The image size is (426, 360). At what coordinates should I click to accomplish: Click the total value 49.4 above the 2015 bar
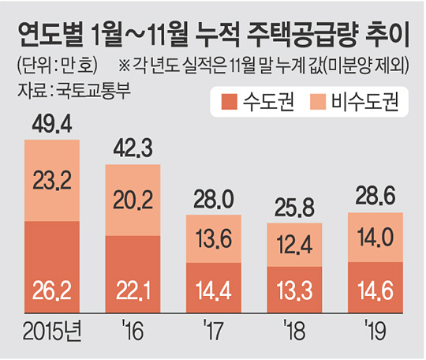[x=52, y=125]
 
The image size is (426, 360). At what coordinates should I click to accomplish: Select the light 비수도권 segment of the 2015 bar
[x=52, y=180]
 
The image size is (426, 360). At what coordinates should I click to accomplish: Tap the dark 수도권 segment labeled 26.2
[x=52, y=267]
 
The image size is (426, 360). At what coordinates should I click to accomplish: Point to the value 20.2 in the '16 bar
[x=133, y=201]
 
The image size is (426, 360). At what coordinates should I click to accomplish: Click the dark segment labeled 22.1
[x=133, y=274]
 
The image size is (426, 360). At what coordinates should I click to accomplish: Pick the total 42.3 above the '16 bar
[x=133, y=148]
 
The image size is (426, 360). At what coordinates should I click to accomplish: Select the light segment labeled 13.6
[x=214, y=238]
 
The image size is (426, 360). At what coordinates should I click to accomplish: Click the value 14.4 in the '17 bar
[x=214, y=291]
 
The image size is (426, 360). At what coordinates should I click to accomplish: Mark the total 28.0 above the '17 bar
[x=214, y=199]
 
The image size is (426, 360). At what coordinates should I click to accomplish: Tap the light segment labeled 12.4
[x=294, y=245]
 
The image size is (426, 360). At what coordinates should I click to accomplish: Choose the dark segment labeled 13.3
[x=294, y=290]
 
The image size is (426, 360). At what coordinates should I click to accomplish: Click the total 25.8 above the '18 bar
[x=294, y=208]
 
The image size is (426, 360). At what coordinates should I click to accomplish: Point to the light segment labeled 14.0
[x=376, y=237]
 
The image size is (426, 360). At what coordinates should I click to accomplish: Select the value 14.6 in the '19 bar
[x=376, y=291]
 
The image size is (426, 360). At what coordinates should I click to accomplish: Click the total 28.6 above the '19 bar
[x=376, y=197]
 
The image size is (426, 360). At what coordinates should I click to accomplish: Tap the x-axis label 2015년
[x=52, y=331]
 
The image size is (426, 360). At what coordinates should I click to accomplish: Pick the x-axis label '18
[x=294, y=330]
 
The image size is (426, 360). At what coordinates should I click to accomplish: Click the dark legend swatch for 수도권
[x=230, y=102]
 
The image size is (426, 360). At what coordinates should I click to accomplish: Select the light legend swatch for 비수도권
[x=318, y=102]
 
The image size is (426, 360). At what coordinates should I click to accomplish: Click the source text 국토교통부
[x=93, y=90]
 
